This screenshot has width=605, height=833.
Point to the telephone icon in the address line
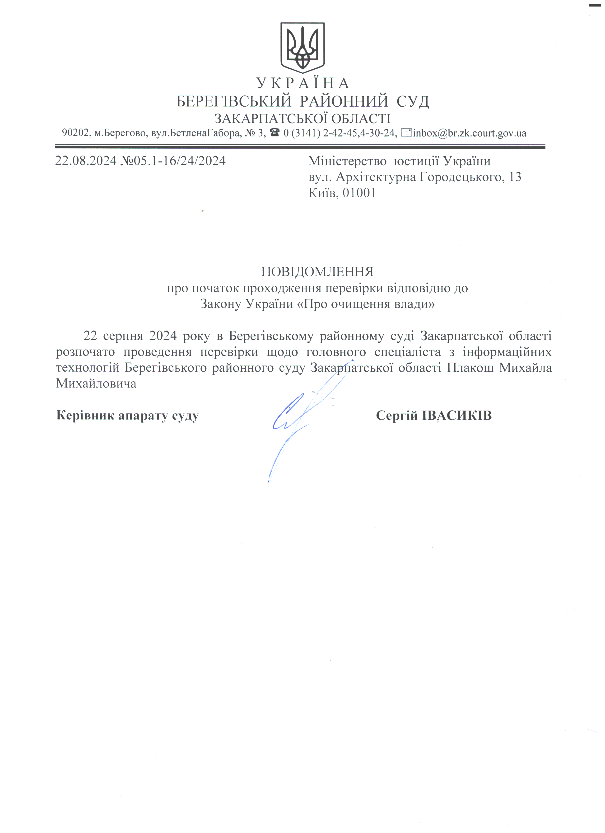[275, 132]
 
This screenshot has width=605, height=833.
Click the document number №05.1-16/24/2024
[173, 161]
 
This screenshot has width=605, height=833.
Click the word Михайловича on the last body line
[96, 384]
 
